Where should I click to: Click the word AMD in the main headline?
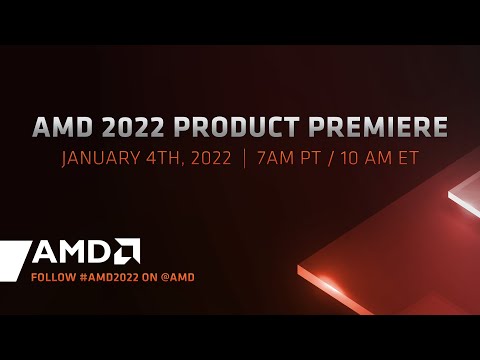coord(59,130)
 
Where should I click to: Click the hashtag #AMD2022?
coord(114,274)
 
